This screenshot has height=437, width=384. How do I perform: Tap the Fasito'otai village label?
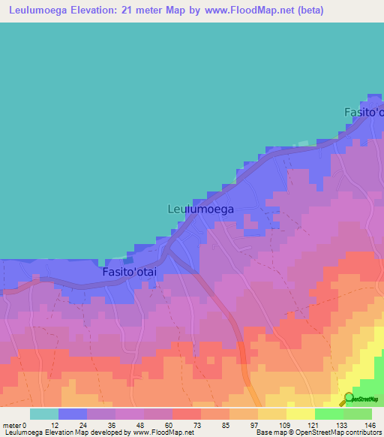pos(129,273)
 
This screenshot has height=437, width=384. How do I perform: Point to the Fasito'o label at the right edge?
pos(364,112)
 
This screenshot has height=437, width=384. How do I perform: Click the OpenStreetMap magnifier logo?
pos(349,399)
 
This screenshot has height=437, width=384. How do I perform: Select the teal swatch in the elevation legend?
pos(44,414)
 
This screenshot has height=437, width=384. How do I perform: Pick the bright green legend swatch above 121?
pos(328,414)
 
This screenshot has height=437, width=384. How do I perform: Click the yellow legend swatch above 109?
pos(300,414)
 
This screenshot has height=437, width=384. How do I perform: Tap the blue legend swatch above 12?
pos(73,414)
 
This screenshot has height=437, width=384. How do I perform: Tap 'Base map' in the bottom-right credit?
pos(267,433)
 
